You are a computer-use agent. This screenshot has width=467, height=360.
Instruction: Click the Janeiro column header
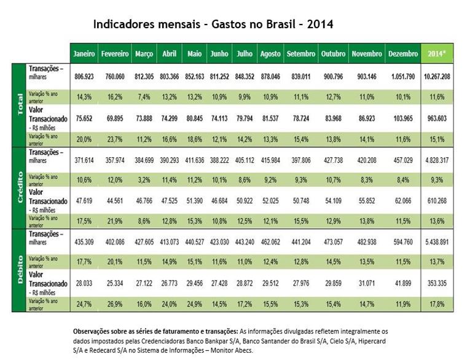[x=84, y=54]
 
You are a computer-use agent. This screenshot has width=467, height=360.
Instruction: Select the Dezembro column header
[x=403, y=54]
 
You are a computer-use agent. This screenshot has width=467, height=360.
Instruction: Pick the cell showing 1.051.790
[x=403, y=77]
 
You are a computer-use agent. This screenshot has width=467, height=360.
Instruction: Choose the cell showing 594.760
[x=403, y=242]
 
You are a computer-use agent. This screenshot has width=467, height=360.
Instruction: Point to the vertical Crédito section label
[x=20, y=186]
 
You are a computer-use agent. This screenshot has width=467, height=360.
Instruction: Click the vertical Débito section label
[x=20, y=270]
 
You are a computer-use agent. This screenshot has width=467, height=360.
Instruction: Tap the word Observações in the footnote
[x=94, y=331]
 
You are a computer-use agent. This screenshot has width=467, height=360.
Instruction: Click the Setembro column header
[x=300, y=54]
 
